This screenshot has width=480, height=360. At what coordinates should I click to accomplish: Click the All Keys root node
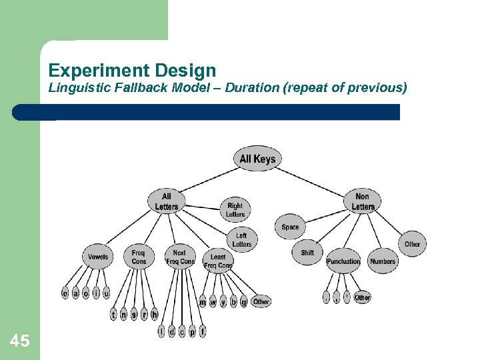[257, 159]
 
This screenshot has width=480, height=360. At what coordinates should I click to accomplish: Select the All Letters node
[167, 201]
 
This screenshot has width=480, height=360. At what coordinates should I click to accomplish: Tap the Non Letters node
[363, 201]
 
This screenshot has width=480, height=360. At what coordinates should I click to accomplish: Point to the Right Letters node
[235, 210]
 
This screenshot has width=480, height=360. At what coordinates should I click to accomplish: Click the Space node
[290, 227]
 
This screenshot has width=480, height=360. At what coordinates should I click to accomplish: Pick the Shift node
[307, 253]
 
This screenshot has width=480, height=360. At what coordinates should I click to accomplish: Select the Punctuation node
[343, 261]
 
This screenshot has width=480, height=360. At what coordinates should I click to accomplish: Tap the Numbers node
[383, 261]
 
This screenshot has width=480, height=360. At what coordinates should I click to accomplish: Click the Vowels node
[98, 257]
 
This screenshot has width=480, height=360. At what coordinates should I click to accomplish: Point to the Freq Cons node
[139, 257]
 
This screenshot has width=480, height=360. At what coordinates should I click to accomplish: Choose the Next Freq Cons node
[179, 257]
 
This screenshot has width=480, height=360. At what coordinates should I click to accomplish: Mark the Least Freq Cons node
[218, 261]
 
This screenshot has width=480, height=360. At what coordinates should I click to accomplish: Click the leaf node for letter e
[65, 293]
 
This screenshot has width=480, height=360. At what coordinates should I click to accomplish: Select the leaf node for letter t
[113, 314]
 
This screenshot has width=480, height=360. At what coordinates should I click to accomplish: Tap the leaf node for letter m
[203, 302]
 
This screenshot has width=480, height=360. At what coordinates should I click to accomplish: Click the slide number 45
[20, 342]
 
